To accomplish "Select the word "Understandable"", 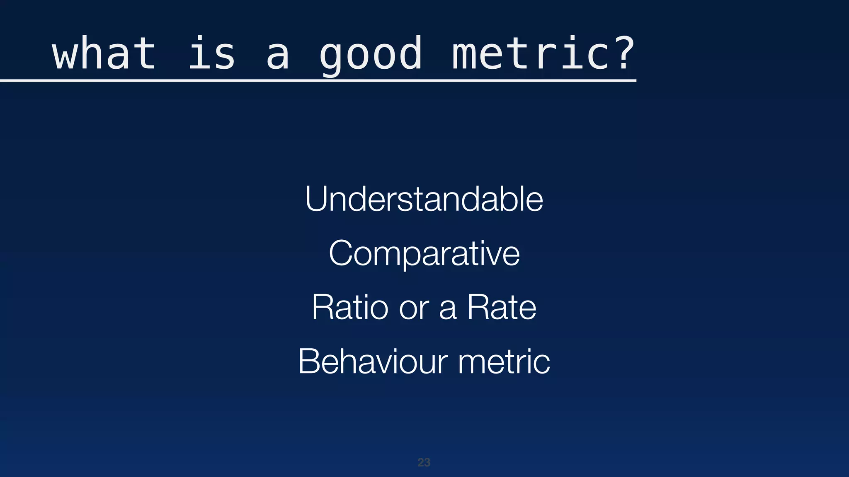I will (x=424, y=199).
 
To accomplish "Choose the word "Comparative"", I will (x=424, y=253).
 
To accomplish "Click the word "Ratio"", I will (x=350, y=307).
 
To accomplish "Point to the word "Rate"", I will (x=502, y=307).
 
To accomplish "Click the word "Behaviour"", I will (x=373, y=361).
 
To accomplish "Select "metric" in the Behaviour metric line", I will (x=504, y=361).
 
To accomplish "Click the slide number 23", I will (x=424, y=462).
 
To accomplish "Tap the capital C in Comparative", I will (x=342, y=253).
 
